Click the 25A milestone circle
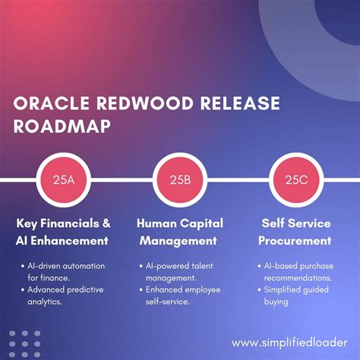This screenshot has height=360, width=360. pos(63,180)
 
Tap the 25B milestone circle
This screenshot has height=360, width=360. pos(180,180)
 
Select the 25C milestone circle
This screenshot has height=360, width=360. pos(296,180)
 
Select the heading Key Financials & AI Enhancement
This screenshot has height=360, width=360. pos(63,232)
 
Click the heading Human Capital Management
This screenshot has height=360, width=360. pos(180,232)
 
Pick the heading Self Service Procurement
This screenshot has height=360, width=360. pos(297,232)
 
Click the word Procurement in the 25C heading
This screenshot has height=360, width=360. pos(297,242)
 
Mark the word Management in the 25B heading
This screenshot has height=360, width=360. pos(180,242)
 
